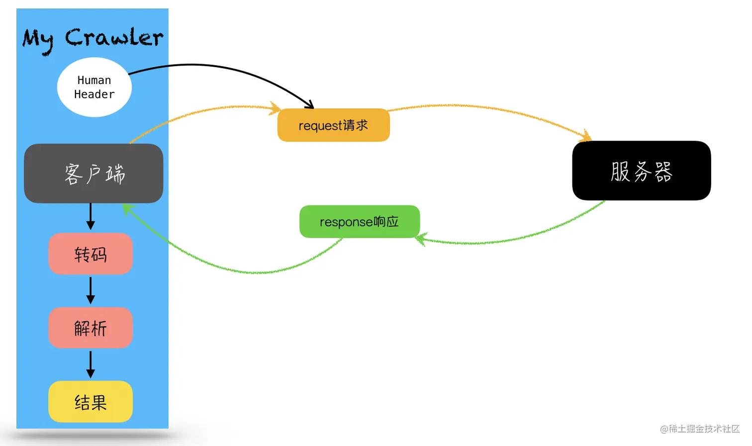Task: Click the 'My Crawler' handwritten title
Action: click(93, 39)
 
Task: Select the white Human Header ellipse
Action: click(94, 88)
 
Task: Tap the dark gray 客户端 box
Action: click(94, 174)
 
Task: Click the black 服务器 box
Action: click(641, 171)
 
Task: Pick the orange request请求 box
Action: click(333, 125)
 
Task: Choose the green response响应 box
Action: click(359, 222)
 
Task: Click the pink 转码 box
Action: click(91, 254)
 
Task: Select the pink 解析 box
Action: click(91, 328)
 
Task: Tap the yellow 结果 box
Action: click(91, 402)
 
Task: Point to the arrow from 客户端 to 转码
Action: click(91, 217)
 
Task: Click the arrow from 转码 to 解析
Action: click(91, 290)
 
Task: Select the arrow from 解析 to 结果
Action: click(91, 364)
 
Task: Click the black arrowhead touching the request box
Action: click(309, 105)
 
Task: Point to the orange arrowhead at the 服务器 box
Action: click(586, 136)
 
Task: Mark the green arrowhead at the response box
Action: click(420, 240)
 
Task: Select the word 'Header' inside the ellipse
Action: click(94, 94)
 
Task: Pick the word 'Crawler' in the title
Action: click(114, 38)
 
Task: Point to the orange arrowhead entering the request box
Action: click(275, 108)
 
